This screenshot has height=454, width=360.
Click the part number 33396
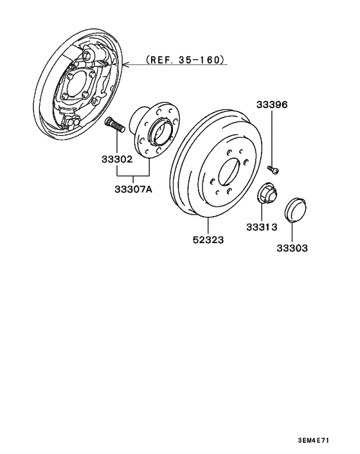[x=273, y=104]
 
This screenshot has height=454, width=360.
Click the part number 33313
[x=261, y=227]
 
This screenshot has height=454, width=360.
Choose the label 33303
[x=292, y=247]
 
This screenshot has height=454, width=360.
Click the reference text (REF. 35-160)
[x=186, y=60]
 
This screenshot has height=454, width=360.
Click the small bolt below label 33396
[x=273, y=169]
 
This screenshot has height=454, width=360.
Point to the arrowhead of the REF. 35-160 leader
[x=124, y=64]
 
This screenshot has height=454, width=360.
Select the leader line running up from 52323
[x=209, y=225]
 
